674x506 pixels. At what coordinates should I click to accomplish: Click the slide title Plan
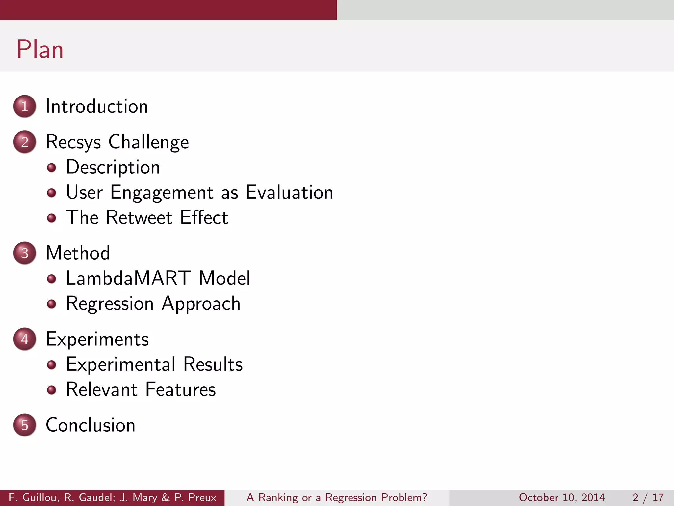40,49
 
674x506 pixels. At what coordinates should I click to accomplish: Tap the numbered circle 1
25,106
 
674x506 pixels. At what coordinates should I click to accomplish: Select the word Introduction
96,106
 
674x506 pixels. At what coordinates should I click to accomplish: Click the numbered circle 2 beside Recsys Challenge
25,142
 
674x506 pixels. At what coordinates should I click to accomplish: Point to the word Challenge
148,142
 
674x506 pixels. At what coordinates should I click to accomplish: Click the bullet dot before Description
51,168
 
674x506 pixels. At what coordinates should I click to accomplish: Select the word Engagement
162,193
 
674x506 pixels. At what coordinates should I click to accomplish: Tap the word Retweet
139,217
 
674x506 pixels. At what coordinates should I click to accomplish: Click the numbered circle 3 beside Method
25,253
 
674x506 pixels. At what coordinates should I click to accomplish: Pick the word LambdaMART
128,278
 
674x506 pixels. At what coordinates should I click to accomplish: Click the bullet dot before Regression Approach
51,304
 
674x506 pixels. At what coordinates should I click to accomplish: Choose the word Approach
201,304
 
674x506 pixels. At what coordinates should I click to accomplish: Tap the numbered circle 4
25,339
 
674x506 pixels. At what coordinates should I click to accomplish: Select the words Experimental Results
154,364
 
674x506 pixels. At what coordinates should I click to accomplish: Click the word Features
180,389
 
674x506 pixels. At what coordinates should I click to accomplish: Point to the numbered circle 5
25,425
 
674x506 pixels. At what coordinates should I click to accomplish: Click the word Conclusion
91,425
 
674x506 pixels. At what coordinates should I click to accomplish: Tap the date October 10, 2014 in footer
561,497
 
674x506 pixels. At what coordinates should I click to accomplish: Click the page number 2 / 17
648,497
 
